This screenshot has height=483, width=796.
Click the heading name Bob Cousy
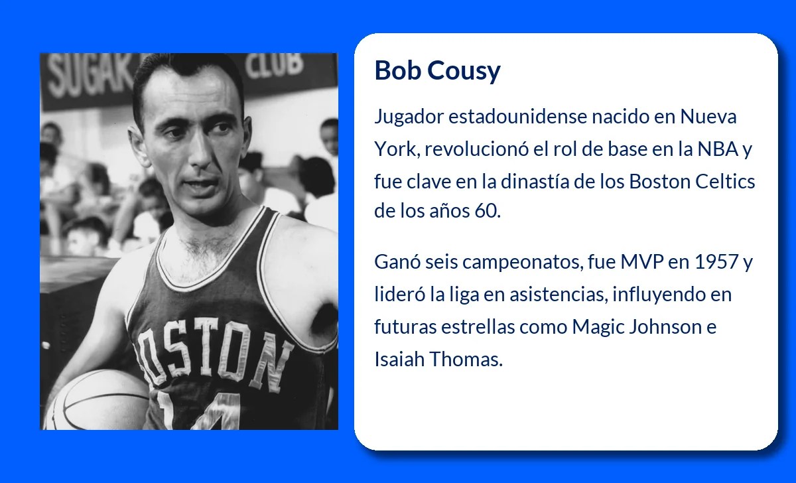click(x=437, y=70)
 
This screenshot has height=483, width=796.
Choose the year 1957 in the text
click(x=716, y=262)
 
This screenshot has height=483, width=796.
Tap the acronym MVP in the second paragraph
click(x=642, y=262)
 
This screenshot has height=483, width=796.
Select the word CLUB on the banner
click(x=275, y=66)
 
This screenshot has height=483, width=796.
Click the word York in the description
click(x=396, y=149)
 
